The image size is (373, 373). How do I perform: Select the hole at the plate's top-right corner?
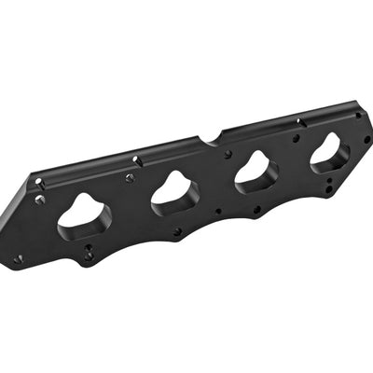click(359, 116)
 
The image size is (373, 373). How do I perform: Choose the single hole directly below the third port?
click(256, 209)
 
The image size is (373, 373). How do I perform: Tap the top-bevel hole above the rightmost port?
click(298, 122)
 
